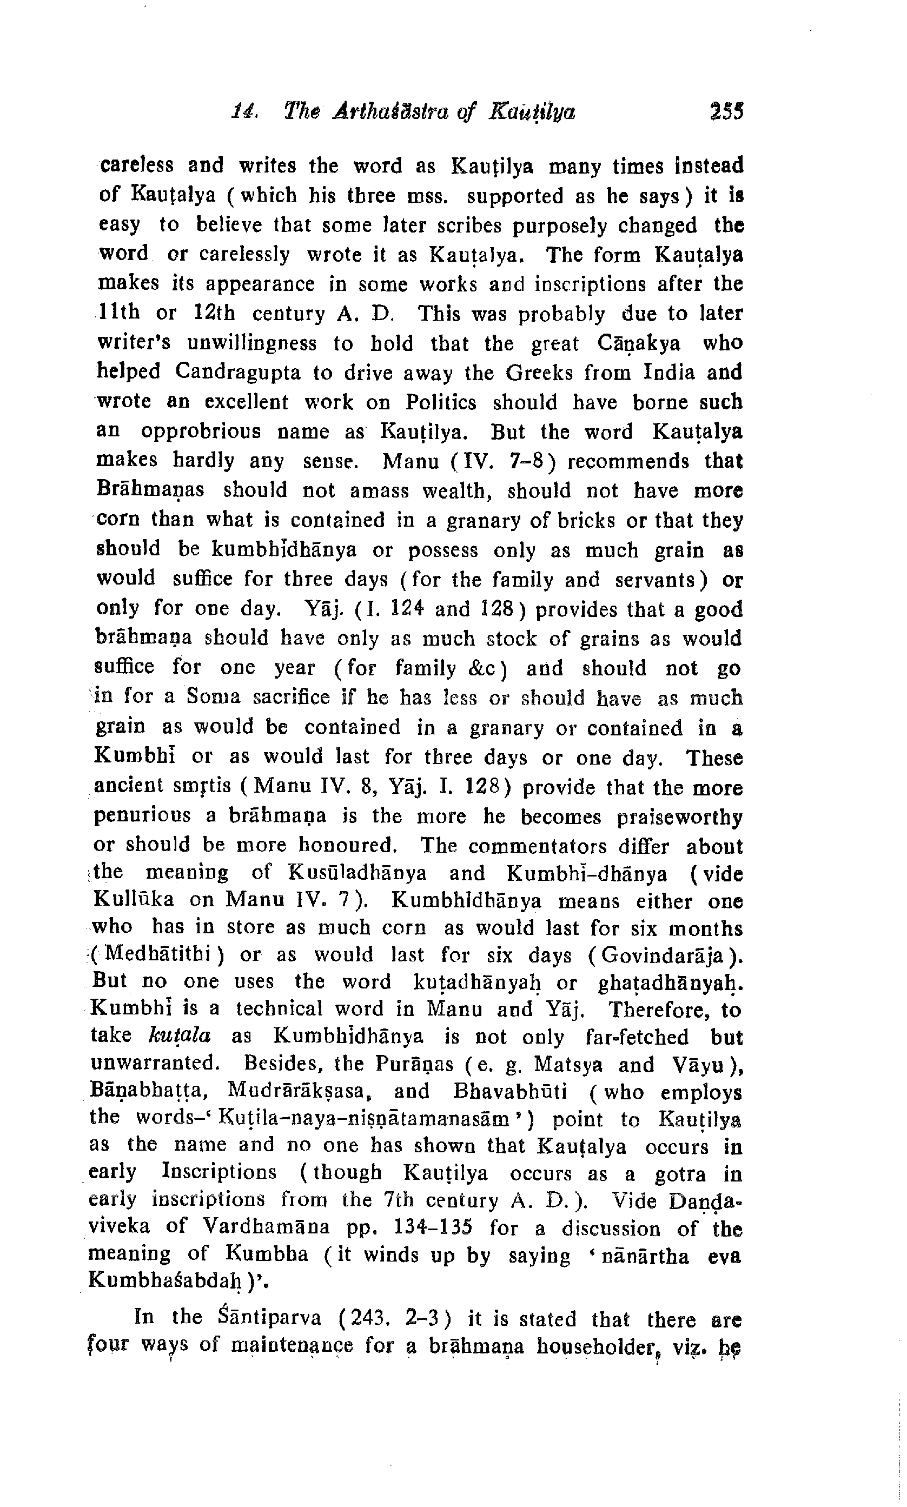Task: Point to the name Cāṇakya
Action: click(638, 343)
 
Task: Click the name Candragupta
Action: click(238, 372)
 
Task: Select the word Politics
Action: click(441, 402)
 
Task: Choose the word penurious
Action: click(142, 815)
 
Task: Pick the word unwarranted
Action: click(155, 1063)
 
